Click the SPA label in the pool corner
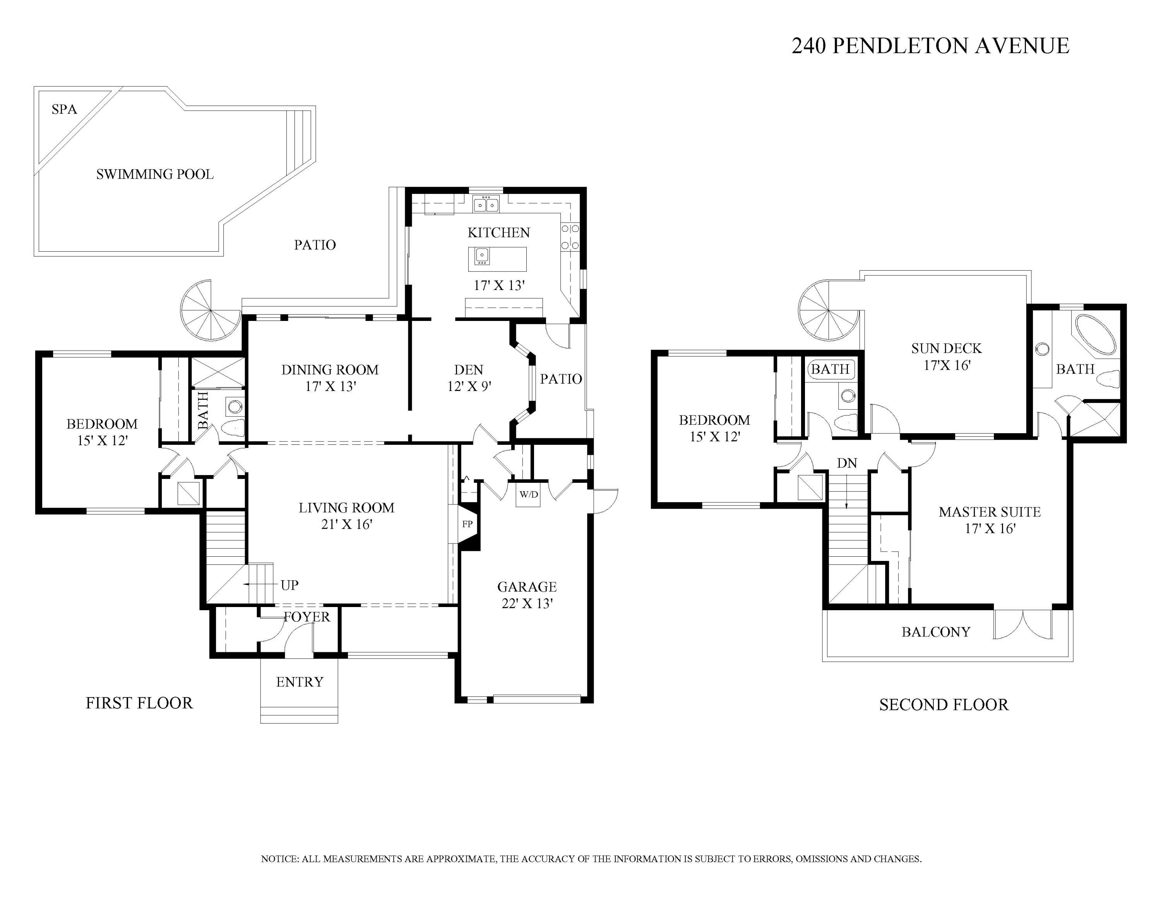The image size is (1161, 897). click(x=64, y=110)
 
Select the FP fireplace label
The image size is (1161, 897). click(x=467, y=524)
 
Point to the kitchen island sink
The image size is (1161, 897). click(x=482, y=256)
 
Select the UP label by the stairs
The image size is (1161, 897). click(x=290, y=585)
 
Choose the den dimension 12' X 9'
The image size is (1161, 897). click(x=469, y=386)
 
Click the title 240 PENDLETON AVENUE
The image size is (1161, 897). click(x=930, y=46)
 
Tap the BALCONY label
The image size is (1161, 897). click(x=936, y=632)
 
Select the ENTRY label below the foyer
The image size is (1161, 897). click(x=300, y=682)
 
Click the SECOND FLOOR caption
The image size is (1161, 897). click(x=944, y=705)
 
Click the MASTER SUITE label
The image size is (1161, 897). click(x=990, y=512)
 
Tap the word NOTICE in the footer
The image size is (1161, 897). click(x=280, y=859)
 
